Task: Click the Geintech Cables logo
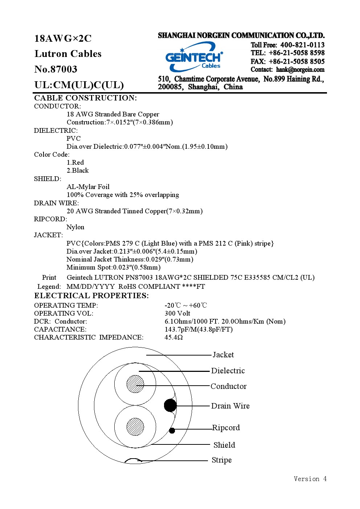pyautogui.click(x=194, y=57)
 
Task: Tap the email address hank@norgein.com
pyautogui.click(x=300, y=70)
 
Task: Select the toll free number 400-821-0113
pyautogui.click(x=302, y=45)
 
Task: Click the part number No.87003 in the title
pyautogui.click(x=56, y=69)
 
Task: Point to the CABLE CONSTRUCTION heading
pyautogui.click(x=85, y=98)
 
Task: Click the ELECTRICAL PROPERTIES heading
pyautogui.click(x=91, y=296)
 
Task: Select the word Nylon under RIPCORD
pyautogui.click(x=75, y=227)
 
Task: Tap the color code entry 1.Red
pyautogui.click(x=75, y=163)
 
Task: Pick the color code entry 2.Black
pyautogui.click(x=78, y=171)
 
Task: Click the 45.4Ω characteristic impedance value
pyautogui.click(x=173, y=337)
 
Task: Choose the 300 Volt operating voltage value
pyautogui.click(x=177, y=313)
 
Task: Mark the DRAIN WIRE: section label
pyautogui.click(x=56, y=203)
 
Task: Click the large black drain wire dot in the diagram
pyautogui.click(x=170, y=405)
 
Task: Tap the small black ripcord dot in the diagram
pyautogui.click(x=172, y=431)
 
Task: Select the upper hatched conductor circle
pyautogui.click(x=135, y=384)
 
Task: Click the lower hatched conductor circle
pyautogui.click(x=135, y=427)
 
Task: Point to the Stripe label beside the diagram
pyautogui.click(x=222, y=460)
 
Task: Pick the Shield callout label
pyautogui.click(x=224, y=445)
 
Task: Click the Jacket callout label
pyautogui.click(x=223, y=355)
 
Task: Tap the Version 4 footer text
pyautogui.click(x=310, y=479)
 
